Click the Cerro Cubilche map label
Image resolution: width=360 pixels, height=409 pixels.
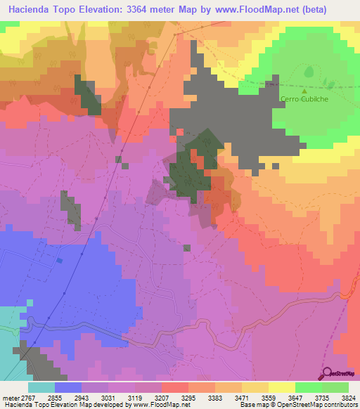[x=304, y=99]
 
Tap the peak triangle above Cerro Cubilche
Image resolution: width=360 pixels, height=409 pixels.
[x=304, y=91]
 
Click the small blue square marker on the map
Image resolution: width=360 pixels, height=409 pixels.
[x=59, y=261]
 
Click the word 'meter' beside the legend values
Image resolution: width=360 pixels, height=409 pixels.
[x=10, y=397]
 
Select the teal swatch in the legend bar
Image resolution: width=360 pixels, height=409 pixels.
[x=41, y=387]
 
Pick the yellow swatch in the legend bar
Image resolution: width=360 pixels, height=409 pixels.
[x=281, y=387]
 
